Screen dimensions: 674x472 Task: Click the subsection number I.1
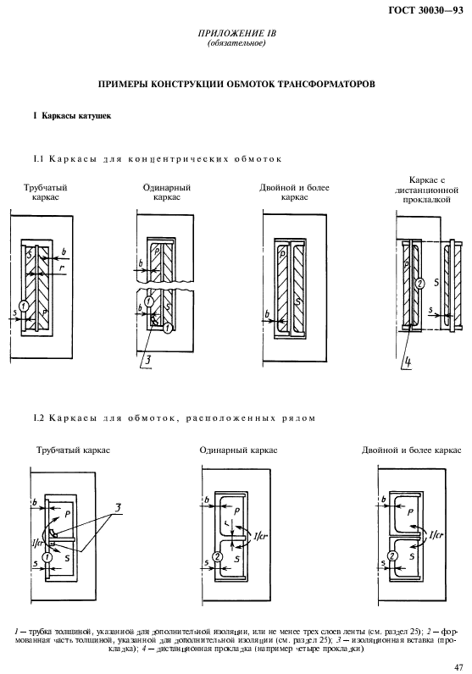(x=37, y=158)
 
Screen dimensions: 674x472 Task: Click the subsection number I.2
(x=37, y=417)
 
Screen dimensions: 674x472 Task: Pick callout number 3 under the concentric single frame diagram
(x=147, y=360)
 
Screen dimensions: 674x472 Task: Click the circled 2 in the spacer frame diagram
(x=418, y=285)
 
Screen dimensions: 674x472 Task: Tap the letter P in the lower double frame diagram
(x=411, y=512)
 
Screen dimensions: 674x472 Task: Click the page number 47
(x=458, y=666)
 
